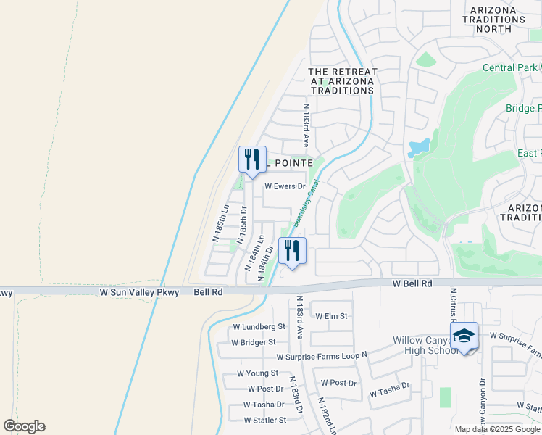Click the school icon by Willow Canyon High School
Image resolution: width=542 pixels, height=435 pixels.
tap(464, 336)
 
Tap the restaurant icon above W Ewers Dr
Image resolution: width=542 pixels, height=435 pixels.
tap(252, 160)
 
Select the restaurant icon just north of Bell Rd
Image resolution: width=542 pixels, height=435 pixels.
tap(292, 252)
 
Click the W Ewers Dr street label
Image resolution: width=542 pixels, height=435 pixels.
tap(285, 186)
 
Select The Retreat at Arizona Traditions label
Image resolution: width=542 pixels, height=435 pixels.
tap(343, 81)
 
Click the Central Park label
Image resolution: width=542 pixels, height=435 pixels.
tap(511, 68)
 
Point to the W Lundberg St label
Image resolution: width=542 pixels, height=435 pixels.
tap(259, 327)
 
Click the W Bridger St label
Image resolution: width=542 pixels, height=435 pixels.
tap(253, 342)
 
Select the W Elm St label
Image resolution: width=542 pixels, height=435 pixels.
tap(332, 316)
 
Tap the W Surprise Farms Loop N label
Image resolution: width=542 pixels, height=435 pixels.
tap(322, 357)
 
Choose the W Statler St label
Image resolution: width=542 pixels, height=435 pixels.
tap(264, 420)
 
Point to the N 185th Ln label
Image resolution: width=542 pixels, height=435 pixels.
tap(220, 223)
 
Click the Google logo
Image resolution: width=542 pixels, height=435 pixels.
tap(24, 426)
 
